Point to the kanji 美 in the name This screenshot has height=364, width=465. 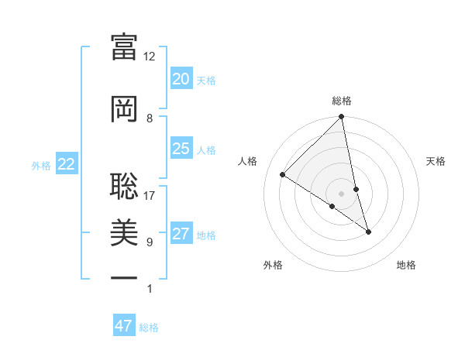tap(124, 232)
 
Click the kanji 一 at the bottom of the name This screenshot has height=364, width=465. tap(124, 277)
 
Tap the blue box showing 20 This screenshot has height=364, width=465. tap(181, 79)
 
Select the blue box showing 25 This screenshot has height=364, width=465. tap(181, 149)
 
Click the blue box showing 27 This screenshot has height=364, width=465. tap(181, 234)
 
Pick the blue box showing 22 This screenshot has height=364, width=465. tap(66, 164)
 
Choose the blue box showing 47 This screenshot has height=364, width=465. tap(124, 326)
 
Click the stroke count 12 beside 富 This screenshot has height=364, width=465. tap(150, 57)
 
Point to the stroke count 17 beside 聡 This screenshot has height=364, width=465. tap(150, 195)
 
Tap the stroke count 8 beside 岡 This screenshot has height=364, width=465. tap(150, 118)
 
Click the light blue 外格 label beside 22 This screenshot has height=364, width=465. tap(40, 165)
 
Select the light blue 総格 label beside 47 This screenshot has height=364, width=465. tap(149, 328)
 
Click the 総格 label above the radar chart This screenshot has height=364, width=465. tap(342, 101)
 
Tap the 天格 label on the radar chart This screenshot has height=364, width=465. tap(436, 161)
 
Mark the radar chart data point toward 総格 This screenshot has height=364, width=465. tap(341, 117)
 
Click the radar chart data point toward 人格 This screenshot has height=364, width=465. tap(283, 175)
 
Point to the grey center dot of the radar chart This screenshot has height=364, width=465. tap(341, 193)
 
